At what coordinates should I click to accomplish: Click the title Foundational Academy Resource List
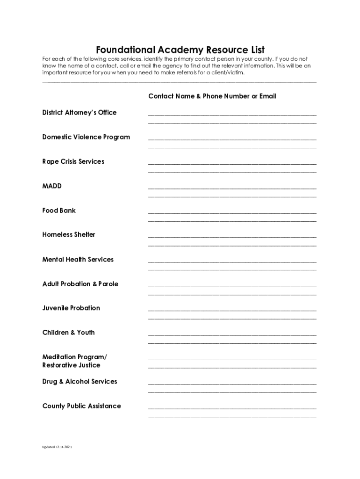click(x=180, y=50)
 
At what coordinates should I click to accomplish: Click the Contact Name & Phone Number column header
click(x=212, y=96)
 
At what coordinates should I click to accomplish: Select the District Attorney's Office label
click(x=79, y=113)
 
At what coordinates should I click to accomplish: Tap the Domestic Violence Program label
click(x=86, y=137)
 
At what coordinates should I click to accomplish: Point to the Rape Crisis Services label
click(x=73, y=161)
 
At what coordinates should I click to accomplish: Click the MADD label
click(x=52, y=186)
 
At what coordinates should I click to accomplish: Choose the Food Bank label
click(x=59, y=210)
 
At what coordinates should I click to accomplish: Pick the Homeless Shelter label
click(x=69, y=235)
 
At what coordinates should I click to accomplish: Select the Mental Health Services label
click(x=78, y=260)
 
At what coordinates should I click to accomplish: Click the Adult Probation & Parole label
click(x=80, y=284)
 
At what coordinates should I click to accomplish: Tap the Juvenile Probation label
click(x=71, y=308)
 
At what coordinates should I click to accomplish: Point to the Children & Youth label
click(x=68, y=333)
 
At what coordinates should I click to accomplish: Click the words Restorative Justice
click(x=71, y=365)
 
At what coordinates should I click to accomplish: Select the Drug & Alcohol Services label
click(x=80, y=382)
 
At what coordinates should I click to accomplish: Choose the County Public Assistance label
click(x=81, y=406)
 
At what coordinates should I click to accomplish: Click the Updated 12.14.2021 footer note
click(x=57, y=447)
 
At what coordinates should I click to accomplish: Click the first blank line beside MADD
click(x=232, y=188)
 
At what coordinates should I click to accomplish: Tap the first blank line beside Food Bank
click(x=232, y=212)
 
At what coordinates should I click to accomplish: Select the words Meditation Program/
click(x=74, y=357)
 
